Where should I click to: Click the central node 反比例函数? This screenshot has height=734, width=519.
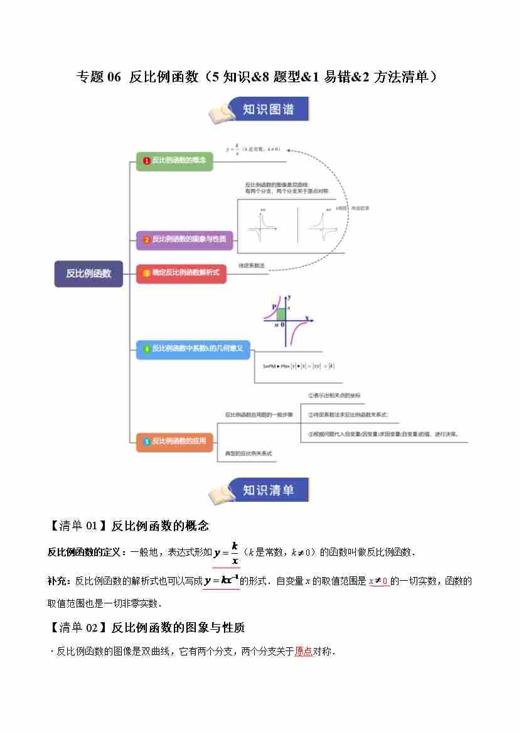(88, 273)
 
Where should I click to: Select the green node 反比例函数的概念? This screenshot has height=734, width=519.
(174, 161)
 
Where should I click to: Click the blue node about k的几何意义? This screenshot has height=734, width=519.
(193, 348)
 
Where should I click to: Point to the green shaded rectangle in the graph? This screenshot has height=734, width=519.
(281, 314)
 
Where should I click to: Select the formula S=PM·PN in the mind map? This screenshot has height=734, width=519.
(298, 365)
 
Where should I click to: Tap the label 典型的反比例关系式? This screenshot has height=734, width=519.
(249, 453)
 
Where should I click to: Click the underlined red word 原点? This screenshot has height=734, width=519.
(303, 652)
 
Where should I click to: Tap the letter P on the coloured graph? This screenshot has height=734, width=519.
(274, 306)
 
